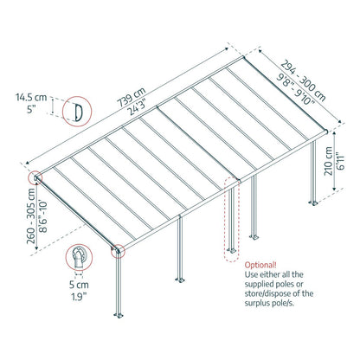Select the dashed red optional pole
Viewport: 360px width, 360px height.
229,216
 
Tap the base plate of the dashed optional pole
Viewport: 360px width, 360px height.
229,254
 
